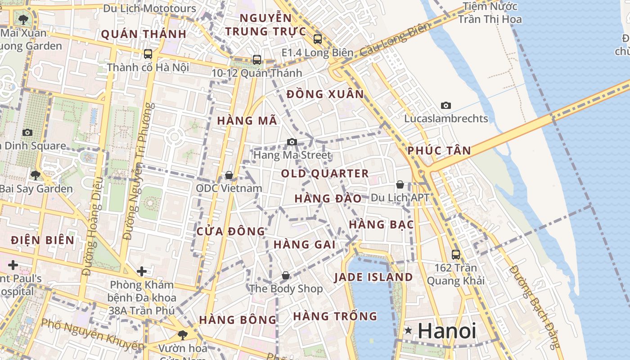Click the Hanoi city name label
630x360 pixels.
point(446,331)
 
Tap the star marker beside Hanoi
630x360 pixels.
point(408,331)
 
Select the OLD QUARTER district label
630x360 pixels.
point(325,174)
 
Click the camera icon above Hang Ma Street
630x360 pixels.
point(292,142)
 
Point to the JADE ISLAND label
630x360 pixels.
point(373,277)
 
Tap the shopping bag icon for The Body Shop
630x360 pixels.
point(285,275)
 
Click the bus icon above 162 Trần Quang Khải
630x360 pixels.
point(456,255)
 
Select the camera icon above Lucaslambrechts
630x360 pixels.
point(445,106)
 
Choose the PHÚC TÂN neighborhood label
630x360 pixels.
point(439,151)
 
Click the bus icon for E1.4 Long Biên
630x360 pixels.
point(318,39)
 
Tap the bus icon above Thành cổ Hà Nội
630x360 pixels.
point(148,54)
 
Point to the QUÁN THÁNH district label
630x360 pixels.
point(144,34)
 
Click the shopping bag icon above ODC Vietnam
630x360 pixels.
point(229,175)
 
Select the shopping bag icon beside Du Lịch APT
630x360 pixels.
point(400,184)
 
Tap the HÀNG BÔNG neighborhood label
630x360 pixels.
point(238,320)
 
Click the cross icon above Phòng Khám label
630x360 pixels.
point(142,271)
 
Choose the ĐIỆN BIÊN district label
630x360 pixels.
point(43,240)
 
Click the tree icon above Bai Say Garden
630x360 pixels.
point(36,175)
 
